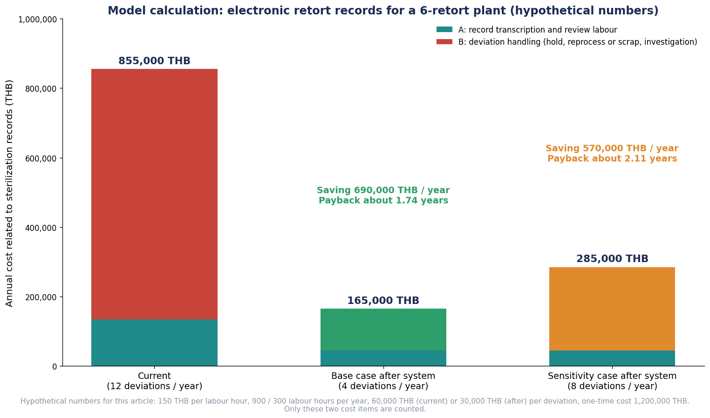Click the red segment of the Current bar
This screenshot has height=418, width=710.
pyautogui.click(x=154, y=194)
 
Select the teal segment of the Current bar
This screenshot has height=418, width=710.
pyautogui.click(x=154, y=343)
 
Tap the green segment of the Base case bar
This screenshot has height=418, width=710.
pyautogui.click(x=383, y=330)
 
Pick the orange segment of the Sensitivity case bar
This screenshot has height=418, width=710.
pyautogui.click(x=612, y=309)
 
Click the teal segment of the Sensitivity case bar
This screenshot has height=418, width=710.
pyautogui.click(x=612, y=358)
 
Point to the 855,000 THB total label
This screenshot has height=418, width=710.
pyautogui.click(x=154, y=61)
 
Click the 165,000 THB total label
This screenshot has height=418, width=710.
pyautogui.click(x=383, y=301)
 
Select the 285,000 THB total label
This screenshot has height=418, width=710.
pyautogui.click(x=612, y=259)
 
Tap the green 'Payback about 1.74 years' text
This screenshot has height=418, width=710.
pyautogui.click(x=383, y=201)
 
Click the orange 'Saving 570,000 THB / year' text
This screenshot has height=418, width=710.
pyautogui.click(x=612, y=148)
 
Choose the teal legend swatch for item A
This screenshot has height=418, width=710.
pyautogui.click(x=444, y=30)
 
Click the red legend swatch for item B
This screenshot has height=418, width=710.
pyautogui.click(x=444, y=42)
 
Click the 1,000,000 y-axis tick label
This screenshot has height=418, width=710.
pyautogui.click(x=38, y=20)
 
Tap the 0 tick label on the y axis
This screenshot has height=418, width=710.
pyautogui.click(x=55, y=367)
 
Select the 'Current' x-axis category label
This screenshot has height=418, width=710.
pyautogui.click(x=154, y=376)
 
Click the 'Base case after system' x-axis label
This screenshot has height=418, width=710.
pyautogui.click(x=383, y=376)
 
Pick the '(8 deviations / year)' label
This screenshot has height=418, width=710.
pyautogui.click(x=612, y=386)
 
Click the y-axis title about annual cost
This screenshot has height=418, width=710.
pyautogui.click(x=9, y=193)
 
